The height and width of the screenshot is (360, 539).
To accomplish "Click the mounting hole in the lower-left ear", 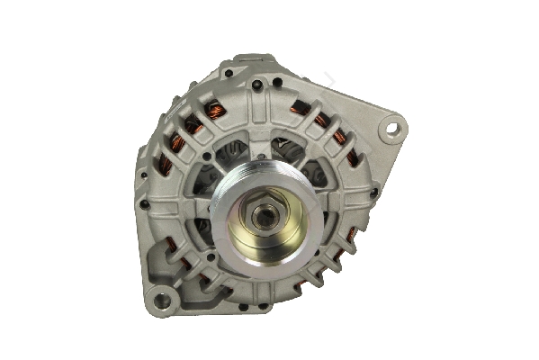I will point(163,300).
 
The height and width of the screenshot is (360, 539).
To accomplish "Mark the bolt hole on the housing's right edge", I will point(373,192).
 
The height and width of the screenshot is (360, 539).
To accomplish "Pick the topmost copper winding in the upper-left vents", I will point(214,109).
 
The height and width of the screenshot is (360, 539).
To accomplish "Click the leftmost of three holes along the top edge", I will point(229,72).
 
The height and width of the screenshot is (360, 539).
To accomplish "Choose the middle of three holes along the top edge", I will point(258,85).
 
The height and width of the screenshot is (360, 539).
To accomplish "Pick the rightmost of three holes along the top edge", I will point(277,82).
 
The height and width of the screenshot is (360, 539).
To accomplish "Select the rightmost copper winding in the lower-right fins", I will point(351,236).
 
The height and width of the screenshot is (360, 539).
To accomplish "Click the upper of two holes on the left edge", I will point(141,175).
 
